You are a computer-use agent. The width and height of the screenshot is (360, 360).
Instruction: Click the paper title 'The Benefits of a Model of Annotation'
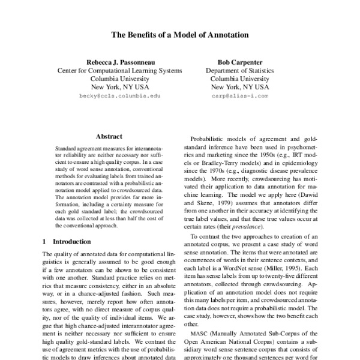(x=180, y=35)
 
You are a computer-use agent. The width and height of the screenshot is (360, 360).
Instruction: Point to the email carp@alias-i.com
(x=239, y=95)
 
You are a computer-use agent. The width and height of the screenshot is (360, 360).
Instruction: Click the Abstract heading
(x=109, y=136)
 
